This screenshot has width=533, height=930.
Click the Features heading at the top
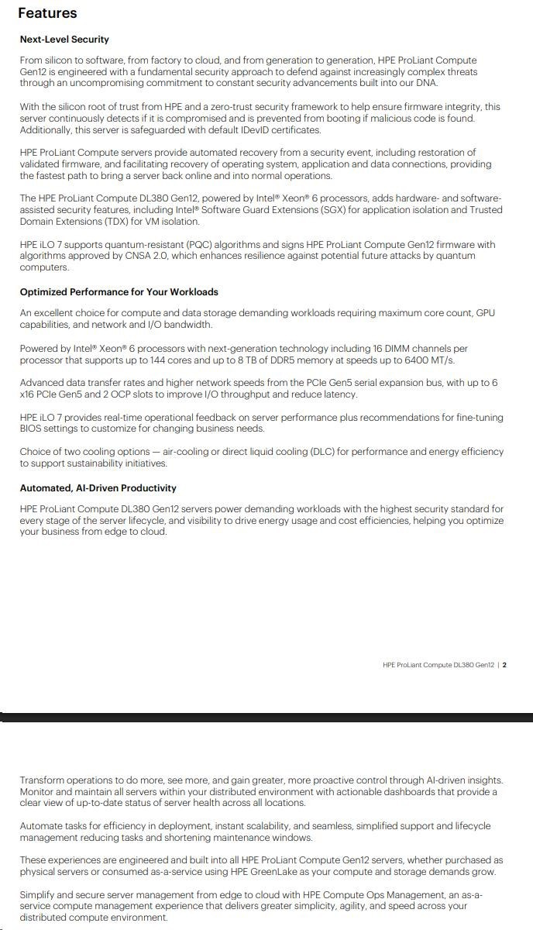pos(47,13)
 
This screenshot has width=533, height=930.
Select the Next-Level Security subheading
pos(64,40)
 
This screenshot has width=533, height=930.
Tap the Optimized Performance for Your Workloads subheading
pos(119,292)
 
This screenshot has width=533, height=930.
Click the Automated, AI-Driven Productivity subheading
pos(98,488)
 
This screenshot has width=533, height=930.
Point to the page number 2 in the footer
pos(504,664)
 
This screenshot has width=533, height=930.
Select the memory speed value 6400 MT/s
pos(430,360)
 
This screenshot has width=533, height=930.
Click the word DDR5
pos(283,360)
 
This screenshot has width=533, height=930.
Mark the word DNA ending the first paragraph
pos(426,83)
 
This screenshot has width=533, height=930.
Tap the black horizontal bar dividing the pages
pos(266,717)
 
